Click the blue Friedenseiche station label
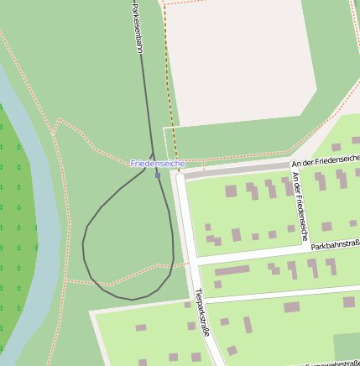157,163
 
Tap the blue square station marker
158,175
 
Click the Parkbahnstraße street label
335,245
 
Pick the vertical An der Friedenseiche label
300,202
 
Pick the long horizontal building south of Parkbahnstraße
232,270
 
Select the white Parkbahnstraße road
269,254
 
